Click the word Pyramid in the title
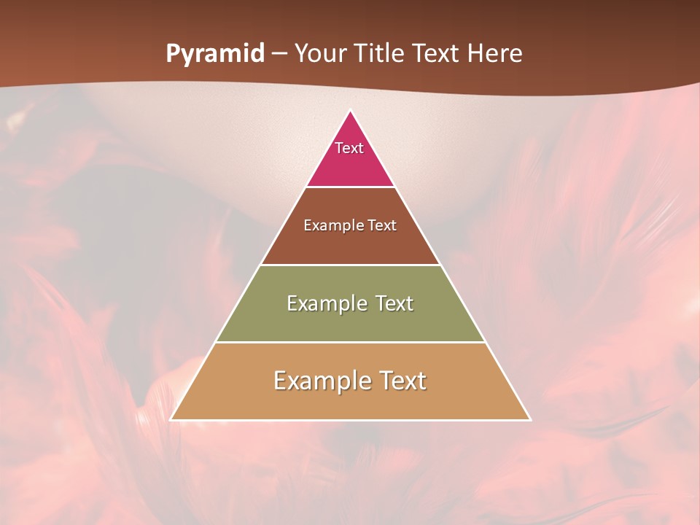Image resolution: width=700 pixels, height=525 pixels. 215,54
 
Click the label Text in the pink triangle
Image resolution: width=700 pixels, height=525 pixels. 349,148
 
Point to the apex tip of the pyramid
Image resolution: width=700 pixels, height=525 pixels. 350,112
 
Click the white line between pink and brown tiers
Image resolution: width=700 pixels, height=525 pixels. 350,187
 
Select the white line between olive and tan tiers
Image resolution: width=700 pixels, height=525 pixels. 350,342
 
